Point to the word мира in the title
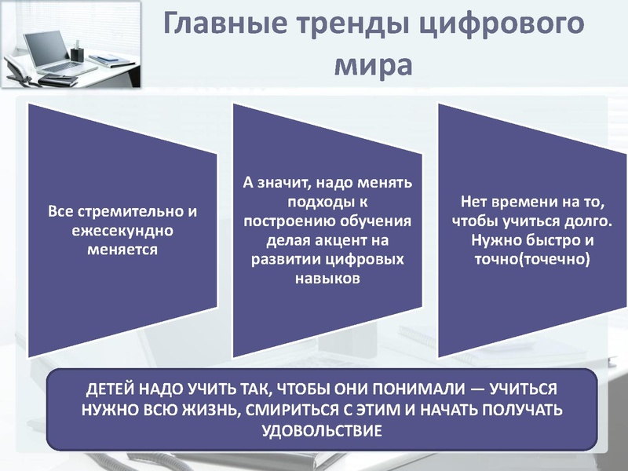point(373,63)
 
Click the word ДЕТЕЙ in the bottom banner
point(112,391)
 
